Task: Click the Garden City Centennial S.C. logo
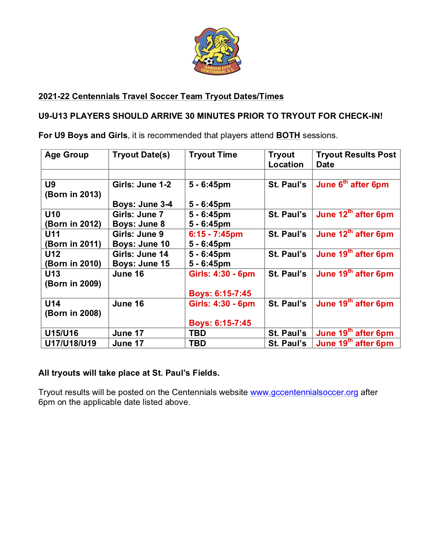coord(217,51)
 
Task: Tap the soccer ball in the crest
coord(208,61)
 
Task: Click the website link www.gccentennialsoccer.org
coord(304,392)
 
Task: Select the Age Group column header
coord(67,155)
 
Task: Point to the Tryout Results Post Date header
coord(356,160)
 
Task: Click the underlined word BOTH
coord(288,135)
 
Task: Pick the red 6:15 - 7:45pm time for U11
coord(216,234)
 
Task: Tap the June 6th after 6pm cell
coord(352,185)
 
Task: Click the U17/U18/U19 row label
coord(71,343)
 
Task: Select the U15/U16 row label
coord(61,333)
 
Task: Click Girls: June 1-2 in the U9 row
coord(142,185)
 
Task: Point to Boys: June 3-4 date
coord(142,204)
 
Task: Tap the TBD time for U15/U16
coord(197,333)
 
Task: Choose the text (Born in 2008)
coord(73,313)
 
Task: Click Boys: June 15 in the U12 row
coord(141,264)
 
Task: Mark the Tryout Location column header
coord(286,160)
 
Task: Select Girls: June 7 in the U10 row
coord(138,214)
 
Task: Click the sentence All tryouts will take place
coord(129,373)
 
